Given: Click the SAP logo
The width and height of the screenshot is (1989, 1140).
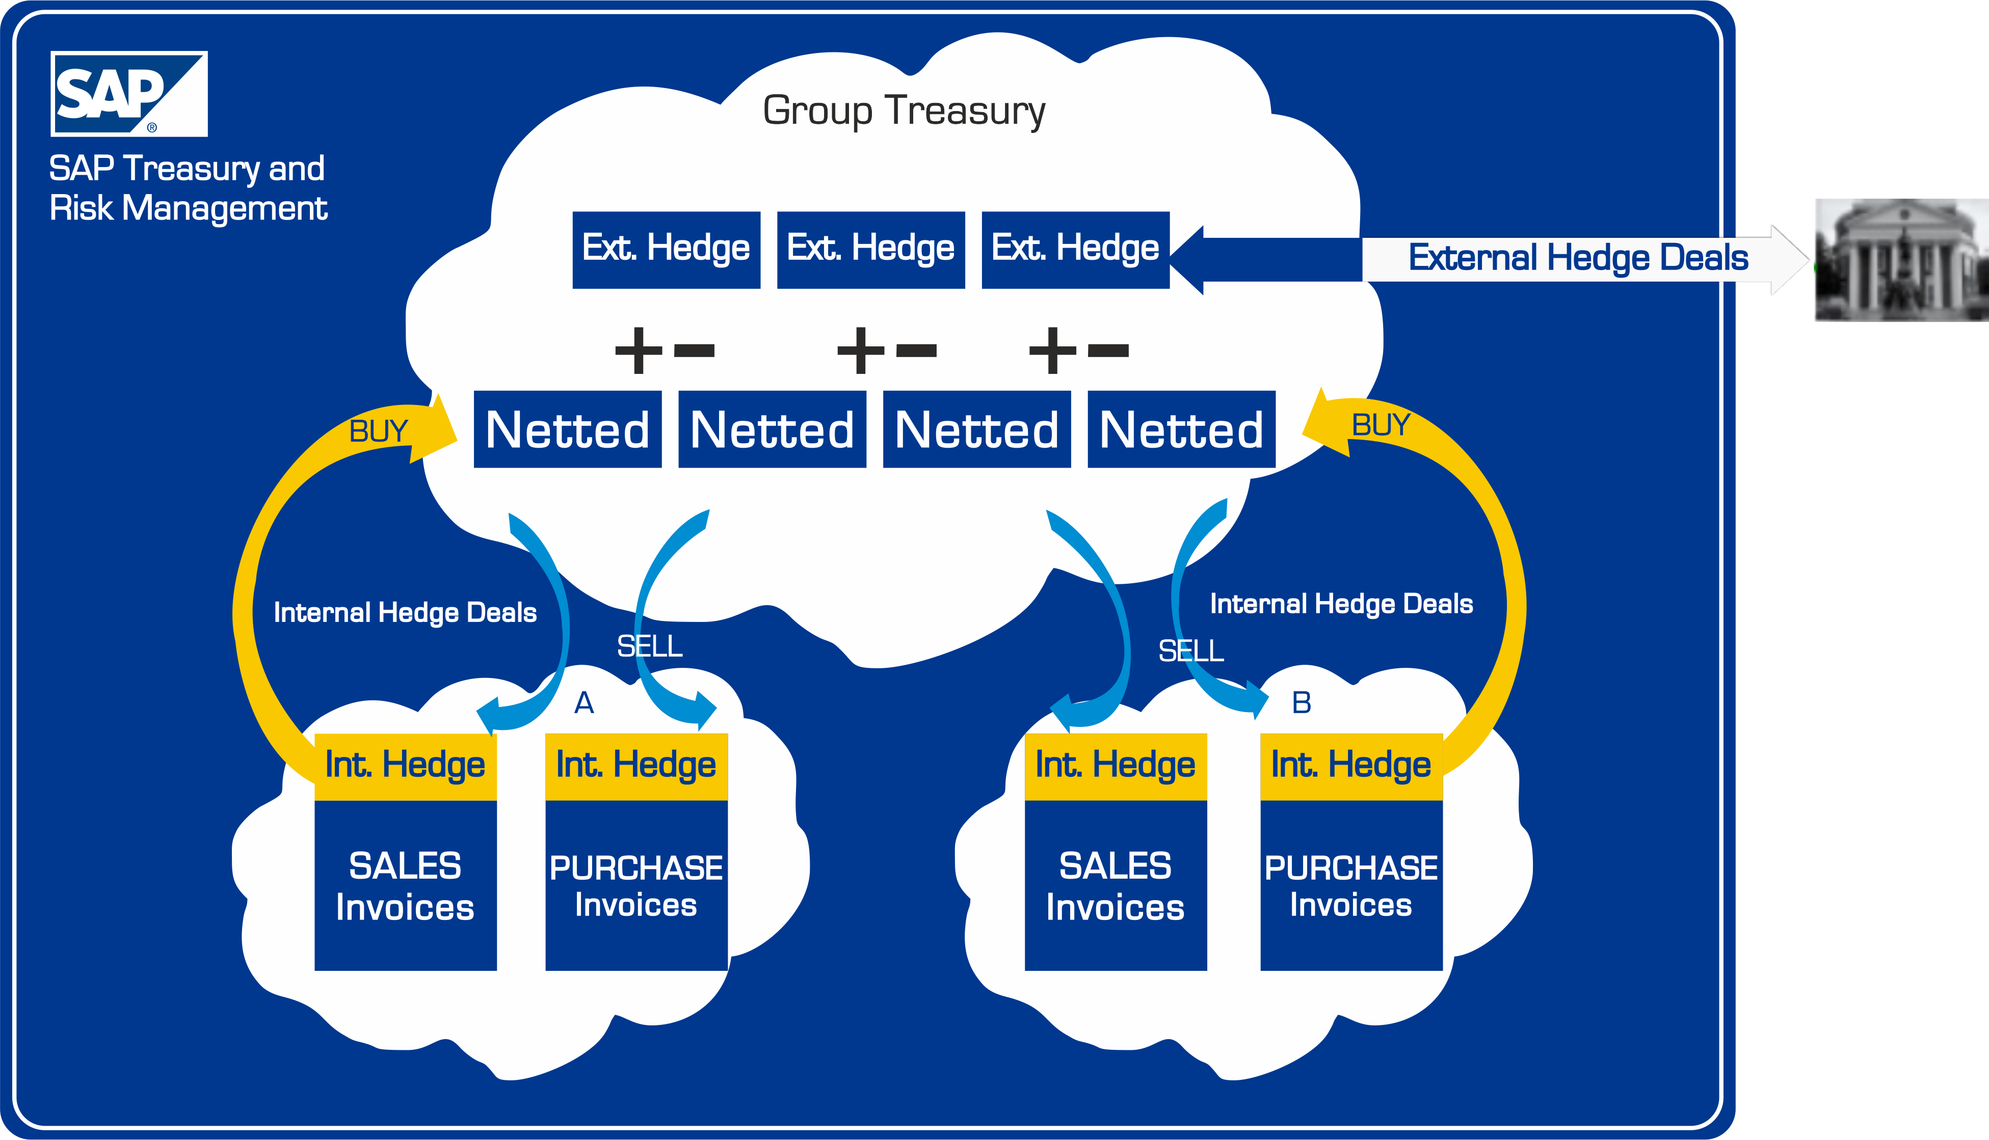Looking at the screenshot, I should click(x=128, y=94).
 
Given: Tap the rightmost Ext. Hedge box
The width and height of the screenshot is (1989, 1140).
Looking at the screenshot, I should click(x=1075, y=249).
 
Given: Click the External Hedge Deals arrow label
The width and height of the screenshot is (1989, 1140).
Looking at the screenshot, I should click(x=1578, y=258).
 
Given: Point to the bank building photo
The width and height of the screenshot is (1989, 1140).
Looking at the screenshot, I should click(x=1901, y=260).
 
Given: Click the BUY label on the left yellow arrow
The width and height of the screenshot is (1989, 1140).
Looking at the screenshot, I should click(x=378, y=431).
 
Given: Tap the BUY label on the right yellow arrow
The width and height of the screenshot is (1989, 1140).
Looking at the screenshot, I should click(x=1381, y=425).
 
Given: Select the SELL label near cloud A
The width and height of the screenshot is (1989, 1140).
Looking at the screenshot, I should click(x=649, y=647).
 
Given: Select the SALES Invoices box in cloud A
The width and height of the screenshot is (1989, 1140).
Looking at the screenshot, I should click(x=405, y=885).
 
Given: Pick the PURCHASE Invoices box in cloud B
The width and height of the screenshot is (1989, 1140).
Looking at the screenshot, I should click(x=1351, y=885).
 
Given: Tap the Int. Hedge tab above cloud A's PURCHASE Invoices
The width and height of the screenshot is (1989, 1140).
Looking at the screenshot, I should click(x=636, y=766).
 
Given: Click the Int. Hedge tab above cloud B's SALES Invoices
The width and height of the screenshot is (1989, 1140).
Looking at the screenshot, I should click(x=1115, y=766).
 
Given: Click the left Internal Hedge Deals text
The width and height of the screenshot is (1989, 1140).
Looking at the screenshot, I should click(x=405, y=612).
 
